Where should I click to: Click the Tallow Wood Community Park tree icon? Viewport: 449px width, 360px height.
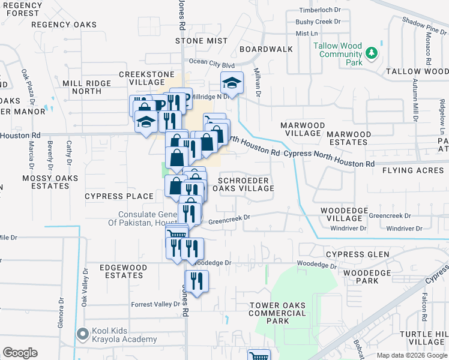[x=372, y=53]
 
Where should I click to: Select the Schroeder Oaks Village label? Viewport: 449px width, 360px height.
[x=246, y=184]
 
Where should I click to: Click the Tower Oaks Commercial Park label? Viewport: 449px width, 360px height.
[x=277, y=313]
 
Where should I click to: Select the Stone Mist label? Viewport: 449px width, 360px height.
[x=202, y=41]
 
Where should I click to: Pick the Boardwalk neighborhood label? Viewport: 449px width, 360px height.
[x=266, y=49]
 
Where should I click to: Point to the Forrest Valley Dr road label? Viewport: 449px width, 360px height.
[x=155, y=304]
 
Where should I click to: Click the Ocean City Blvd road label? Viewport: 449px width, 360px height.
[x=211, y=62]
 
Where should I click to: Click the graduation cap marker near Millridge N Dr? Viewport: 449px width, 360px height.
[x=232, y=82]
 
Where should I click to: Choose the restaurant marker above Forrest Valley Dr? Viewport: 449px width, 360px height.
[x=196, y=281]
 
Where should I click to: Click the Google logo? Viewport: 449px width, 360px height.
[x=20, y=353]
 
